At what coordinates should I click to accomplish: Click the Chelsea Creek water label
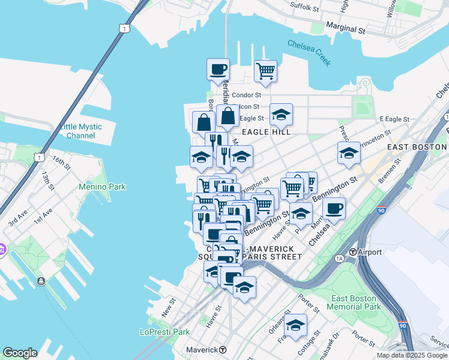pos(309,52)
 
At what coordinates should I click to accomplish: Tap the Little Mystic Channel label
pos(80,131)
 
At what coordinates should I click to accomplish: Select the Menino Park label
pos(102,187)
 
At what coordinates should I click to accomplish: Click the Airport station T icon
pos(354,252)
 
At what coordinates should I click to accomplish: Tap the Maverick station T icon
pos(223,350)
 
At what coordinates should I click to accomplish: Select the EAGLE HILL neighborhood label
pos(266,131)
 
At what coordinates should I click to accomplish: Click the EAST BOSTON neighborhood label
pos(417,147)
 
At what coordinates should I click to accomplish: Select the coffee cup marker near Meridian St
pos(218,69)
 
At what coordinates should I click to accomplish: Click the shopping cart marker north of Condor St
pos(265,71)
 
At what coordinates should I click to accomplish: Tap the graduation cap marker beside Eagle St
pos(281,114)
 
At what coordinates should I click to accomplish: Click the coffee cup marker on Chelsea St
pos(334,208)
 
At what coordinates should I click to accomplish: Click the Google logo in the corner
pos(20,353)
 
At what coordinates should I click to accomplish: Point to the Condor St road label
pos(246,95)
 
